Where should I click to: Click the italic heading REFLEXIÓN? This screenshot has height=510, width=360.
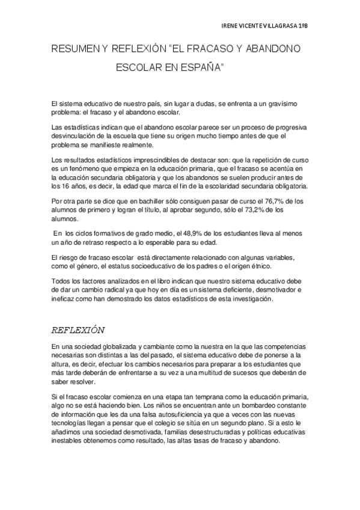pos(78,330)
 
